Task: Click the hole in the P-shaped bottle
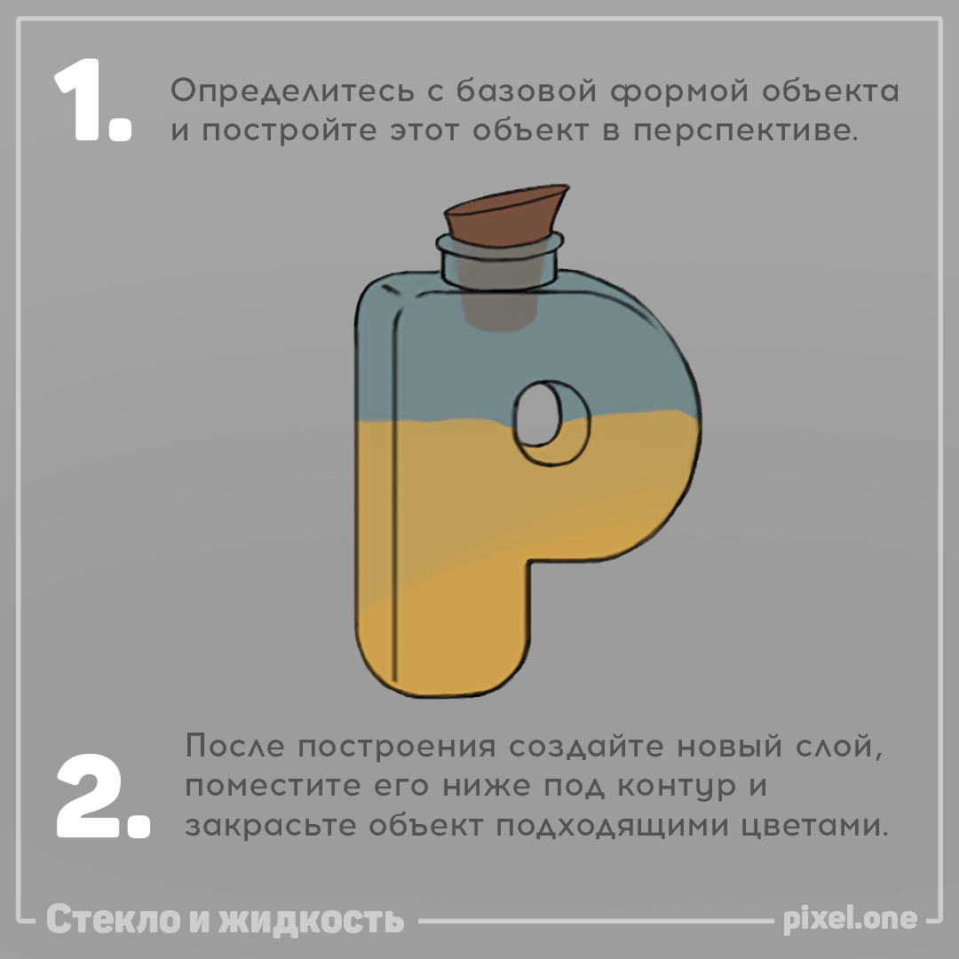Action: [x=538, y=414]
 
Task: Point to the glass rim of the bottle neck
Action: [x=500, y=245]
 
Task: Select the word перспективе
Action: [x=745, y=131]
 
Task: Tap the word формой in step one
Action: [x=679, y=91]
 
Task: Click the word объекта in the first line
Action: [x=830, y=91]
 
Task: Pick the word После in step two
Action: [x=234, y=746]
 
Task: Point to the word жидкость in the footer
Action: [x=311, y=920]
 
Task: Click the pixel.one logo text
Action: [x=850, y=919]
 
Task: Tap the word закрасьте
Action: [x=270, y=827]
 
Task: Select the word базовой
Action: [x=527, y=91]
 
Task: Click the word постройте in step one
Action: [x=289, y=131]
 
